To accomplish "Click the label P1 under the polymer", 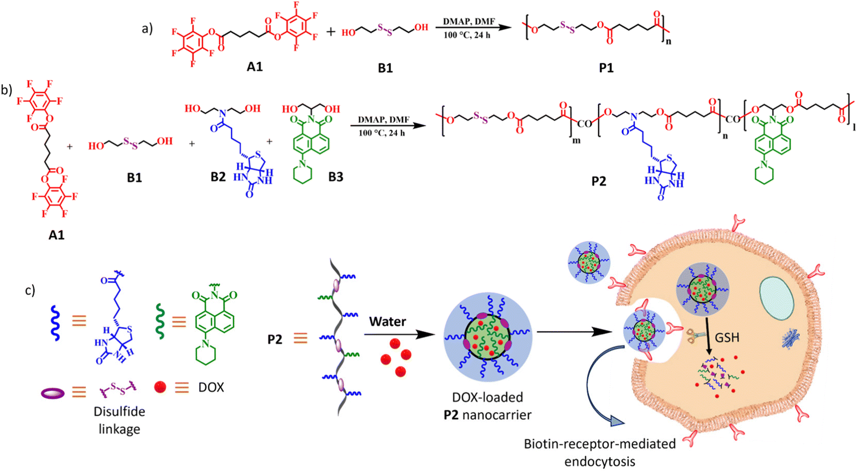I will [606, 68].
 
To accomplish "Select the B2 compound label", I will [218, 177].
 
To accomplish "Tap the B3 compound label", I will [336, 177].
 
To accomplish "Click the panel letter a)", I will [147, 28].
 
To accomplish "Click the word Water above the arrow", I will [387, 321].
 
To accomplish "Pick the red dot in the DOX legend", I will [160, 387].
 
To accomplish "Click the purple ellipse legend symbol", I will [53, 392].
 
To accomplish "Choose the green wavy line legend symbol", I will [160, 322].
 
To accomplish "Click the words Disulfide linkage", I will [119, 420].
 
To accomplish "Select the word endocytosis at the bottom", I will [599, 461].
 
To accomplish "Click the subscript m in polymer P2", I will [576, 140].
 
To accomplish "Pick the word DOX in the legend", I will [211, 387].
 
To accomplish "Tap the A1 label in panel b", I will [56, 235].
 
